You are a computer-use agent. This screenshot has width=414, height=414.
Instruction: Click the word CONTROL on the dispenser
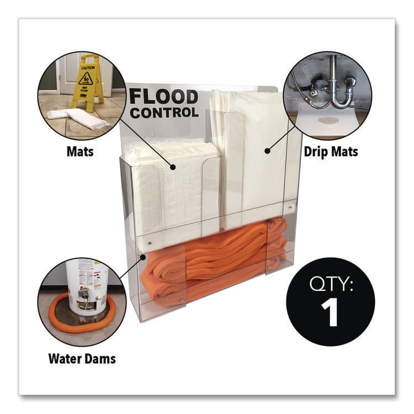[164, 113]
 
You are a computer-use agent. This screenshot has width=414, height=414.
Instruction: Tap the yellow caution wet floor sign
[86, 82]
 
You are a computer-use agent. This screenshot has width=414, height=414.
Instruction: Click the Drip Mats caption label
[330, 151]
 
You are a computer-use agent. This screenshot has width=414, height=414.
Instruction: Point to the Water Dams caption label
[82, 359]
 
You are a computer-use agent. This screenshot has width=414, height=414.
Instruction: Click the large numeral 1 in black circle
[329, 312]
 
